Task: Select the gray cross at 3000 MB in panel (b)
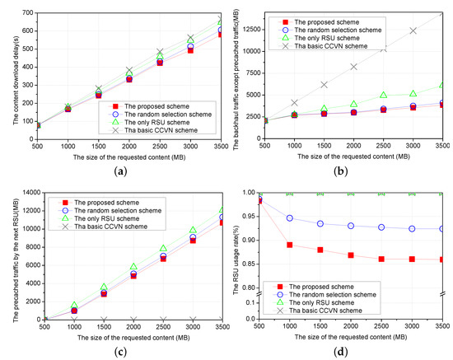(x=413, y=30)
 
